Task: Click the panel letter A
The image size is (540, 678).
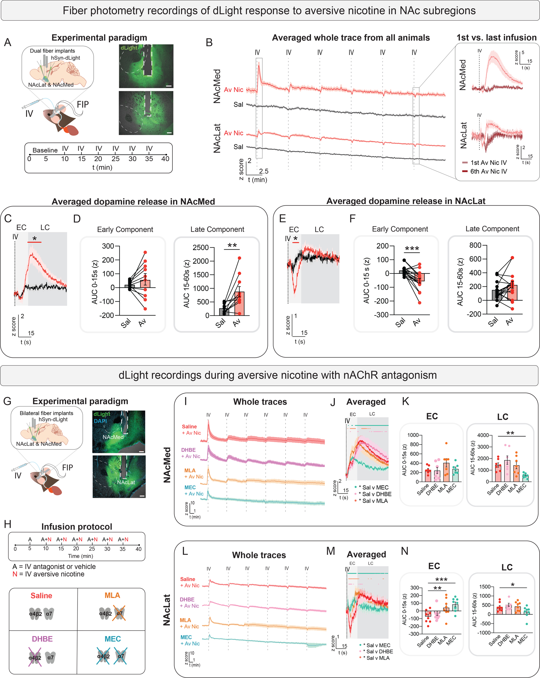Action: pyautogui.click(x=7, y=42)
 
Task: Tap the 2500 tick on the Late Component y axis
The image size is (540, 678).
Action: pyautogui.click(x=201, y=248)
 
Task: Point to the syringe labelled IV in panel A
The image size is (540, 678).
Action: pyautogui.click(x=31, y=105)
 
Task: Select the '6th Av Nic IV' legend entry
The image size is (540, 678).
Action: pyautogui.click(x=488, y=171)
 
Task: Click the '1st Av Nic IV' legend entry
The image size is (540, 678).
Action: pyautogui.click(x=488, y=163)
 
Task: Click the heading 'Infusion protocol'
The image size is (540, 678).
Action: pyautogui.click(x=77, y=527)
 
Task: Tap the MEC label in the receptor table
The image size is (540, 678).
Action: pyautogui.click(x=112, y=639)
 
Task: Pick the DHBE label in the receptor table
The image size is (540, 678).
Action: pyautogui.click(x=42, y=639)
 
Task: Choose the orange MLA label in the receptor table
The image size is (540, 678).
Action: pyautogui.click(x=112, y=595)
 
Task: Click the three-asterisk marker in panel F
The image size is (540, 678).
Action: pyautogui.click(x=412, y=249)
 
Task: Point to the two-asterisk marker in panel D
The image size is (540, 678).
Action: pyautogui.click(x=232, y=246)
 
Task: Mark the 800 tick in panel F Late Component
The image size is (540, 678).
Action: pyautogui.click(x=475, y=245)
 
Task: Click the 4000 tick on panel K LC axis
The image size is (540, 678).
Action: pyautogui.click(x=483, y=435)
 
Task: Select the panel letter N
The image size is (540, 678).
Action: pyautogui.click(x=405, y=551)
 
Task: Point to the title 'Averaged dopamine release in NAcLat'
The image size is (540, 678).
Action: pyautogui.click(x=406, y=201)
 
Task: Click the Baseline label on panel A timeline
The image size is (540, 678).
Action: pyautogui.click(x=45, y=150)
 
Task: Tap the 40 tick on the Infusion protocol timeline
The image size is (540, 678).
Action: pyautogui.click(x=138, y=549)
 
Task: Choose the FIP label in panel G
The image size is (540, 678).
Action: pyautogui.click(x=67, y=467)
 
